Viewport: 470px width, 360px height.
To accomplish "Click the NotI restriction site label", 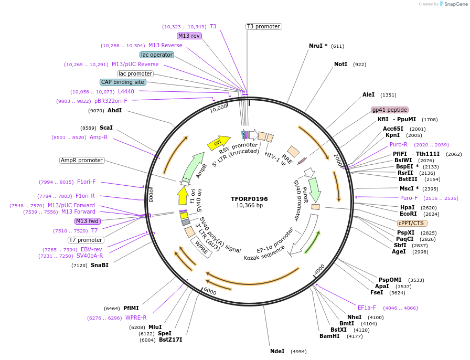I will pos(340,64).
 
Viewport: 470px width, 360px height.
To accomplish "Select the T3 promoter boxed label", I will pos(263,26).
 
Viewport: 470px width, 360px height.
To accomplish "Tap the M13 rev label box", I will pos(189,36).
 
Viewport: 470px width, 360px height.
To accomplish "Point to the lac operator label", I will pos(157,55).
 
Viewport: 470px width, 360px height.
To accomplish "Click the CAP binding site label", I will pos(123,82).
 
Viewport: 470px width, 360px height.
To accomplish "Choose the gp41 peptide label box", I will pos(390,110).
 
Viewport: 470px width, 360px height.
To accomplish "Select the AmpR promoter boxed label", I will pos(82,160).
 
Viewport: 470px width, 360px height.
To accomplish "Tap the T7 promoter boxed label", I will pos(86,240).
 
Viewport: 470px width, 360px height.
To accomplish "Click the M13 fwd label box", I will pos(87,221).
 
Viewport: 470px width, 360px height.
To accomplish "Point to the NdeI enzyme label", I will pos(277,351).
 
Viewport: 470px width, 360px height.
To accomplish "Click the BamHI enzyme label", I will pos(330,336).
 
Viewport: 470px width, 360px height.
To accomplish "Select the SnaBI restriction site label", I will pos(100,266).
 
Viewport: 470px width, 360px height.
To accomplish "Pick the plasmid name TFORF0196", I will pos(249,199).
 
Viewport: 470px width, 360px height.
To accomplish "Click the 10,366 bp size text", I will pos(249,206).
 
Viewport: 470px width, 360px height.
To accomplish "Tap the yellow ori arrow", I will pos(216,142).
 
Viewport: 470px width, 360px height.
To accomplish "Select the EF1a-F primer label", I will pos(367,308).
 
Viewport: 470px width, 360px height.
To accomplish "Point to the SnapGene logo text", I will pos(455,4).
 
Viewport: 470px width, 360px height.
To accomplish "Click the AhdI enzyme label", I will pos(114,110).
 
